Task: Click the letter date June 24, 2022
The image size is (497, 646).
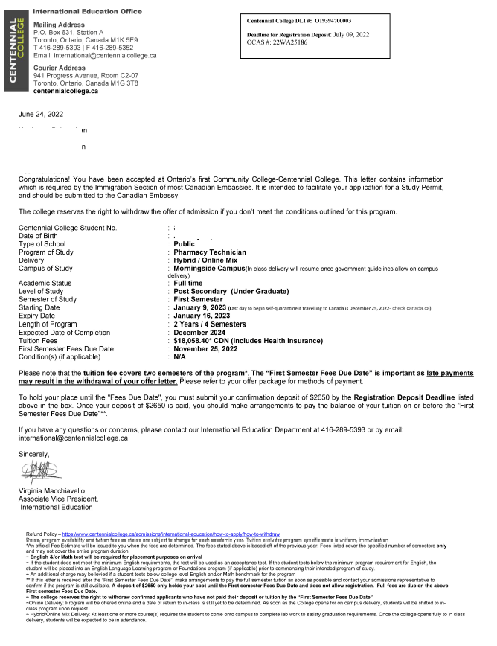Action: tap(42, 114)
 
